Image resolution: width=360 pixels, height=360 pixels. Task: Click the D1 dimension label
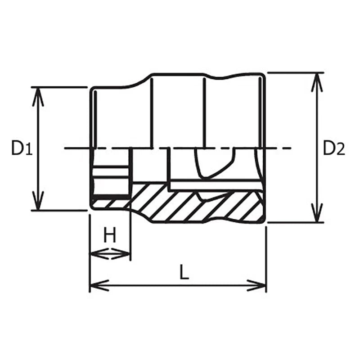22,148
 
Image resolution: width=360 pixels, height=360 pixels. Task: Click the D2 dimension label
334,148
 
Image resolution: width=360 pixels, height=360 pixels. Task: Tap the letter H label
110,234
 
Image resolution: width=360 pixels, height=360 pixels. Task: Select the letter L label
184,272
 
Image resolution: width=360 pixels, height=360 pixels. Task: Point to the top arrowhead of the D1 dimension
38,96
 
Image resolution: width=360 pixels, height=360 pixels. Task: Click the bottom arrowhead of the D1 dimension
38,201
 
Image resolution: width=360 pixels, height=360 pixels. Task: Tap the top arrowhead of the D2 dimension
317,82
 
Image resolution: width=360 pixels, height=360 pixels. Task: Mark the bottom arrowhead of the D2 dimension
317,213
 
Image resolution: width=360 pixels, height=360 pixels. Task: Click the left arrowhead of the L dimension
99,285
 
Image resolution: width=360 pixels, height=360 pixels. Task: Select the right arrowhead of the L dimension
256,285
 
